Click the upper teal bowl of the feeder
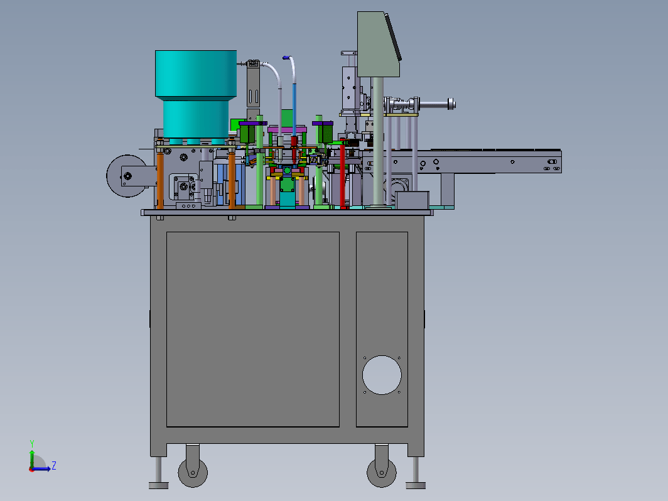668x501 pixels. (x=196, y=74)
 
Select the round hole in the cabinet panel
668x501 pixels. (x=382, y=375)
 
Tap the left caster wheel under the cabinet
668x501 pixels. (x=193, y=473)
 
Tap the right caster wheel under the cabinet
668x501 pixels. (x=382, y=473)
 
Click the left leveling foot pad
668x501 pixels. (x=158, y=485)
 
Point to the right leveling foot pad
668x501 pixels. (x=416, y=485)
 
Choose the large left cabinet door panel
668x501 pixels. (x=252, y=330)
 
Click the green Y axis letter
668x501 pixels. (x=32, y=443)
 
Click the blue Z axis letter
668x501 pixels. (x=54, y=465)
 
